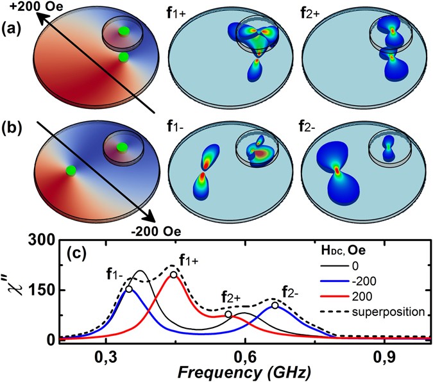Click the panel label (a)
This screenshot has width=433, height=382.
[x=13, y=30]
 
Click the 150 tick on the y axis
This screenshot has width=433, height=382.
[x=42, y=290]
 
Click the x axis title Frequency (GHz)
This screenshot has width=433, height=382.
[x=244, y=372]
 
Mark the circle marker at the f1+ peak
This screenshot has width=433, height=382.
[x=174, y=275]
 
